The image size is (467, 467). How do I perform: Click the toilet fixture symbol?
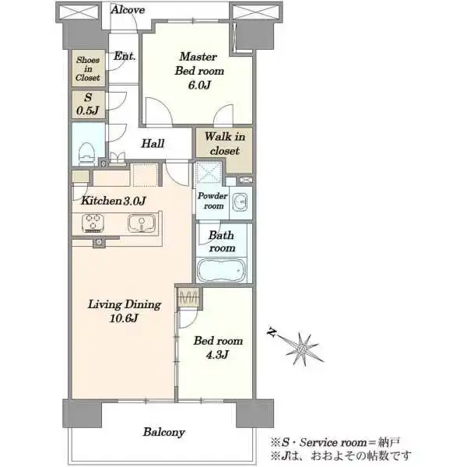click(x=87, y=153)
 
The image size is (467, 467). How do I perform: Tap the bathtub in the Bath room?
click(x=222, y=270)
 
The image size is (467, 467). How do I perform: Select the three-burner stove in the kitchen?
click(x=93, y=223)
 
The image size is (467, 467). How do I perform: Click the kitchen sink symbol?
click(x=142, y=223)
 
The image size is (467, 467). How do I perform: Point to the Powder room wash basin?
click(x=240, y=202)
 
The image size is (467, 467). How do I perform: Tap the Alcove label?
click(x=128, y=10)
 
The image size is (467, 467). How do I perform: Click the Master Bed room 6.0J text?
click(x=199, y=71)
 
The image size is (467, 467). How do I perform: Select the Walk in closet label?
click(x=225, y=143)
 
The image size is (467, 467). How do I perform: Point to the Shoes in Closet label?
click(x=88, y=68)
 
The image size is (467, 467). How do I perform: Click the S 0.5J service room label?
click(x=87, y=104)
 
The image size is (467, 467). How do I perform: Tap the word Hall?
click(x=153, y=143)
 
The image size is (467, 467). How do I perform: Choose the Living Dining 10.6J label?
click(x=125, y=311)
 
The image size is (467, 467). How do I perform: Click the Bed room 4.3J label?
click(x=218, y=348)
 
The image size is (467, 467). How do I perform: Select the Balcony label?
click(x=164, y=432)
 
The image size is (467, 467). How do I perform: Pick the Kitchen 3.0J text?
click(x=114, y=201)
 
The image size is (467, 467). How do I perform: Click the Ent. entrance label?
click(x=125, y=56)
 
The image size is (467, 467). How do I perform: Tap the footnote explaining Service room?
click(x=335, y=442)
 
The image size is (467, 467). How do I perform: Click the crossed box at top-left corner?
click(x=79, y=12)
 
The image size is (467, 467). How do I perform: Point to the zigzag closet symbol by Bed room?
click(x=188, y=297)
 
